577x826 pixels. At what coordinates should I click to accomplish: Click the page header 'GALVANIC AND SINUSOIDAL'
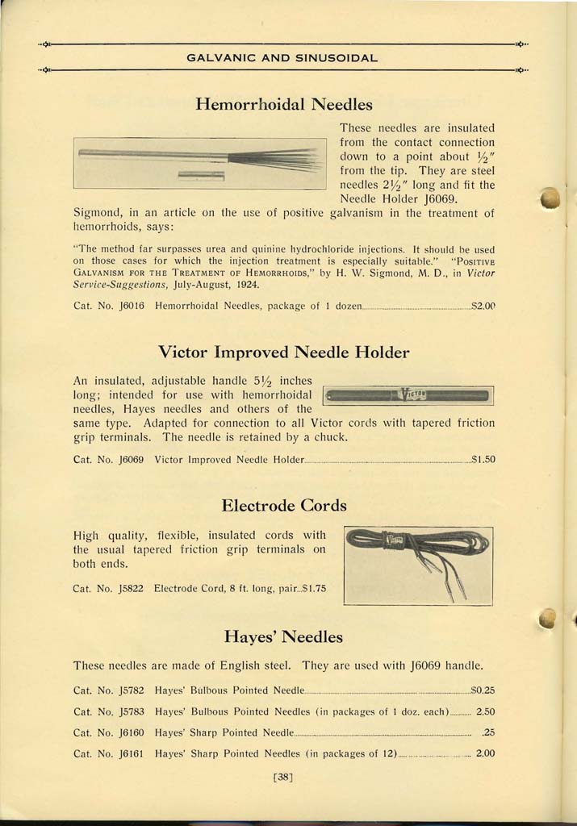282,58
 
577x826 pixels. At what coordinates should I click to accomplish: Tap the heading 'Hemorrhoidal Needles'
284,104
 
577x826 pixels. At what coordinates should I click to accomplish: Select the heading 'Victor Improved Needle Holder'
284,353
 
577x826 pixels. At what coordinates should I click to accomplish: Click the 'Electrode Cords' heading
284,506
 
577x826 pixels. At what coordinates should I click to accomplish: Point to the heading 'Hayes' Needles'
284,637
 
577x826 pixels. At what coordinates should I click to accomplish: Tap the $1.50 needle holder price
483,460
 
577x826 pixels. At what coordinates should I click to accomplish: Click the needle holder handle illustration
408,395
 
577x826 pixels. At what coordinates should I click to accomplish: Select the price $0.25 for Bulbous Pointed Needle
483,690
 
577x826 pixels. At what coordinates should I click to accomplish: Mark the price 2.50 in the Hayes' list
485,712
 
